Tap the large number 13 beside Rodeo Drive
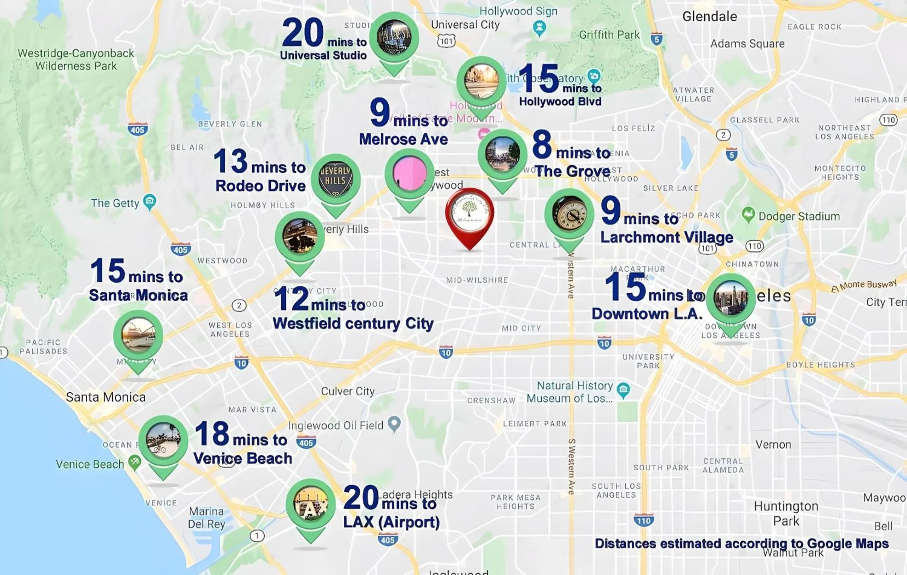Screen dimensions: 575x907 point(231,161)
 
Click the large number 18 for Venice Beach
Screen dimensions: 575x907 point(212,433)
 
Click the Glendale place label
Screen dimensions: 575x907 point(710,17)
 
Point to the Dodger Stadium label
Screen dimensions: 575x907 point(799,216)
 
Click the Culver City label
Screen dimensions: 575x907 point(348,391)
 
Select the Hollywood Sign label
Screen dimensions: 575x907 point(518,11)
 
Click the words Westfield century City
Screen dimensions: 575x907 point(353,324)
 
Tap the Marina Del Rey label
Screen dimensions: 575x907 point(207,518)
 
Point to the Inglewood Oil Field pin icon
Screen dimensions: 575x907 point(394,424)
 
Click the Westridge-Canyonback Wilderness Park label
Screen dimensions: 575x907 point(76,60)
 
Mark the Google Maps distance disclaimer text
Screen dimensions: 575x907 point(742,543)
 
